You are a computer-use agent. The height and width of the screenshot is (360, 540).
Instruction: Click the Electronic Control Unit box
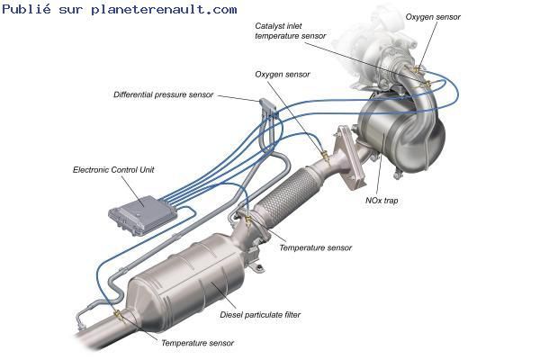point(142,214)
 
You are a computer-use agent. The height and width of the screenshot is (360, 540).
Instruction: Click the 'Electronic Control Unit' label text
point(113,170)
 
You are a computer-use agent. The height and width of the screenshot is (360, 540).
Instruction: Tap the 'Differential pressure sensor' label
point(163,94)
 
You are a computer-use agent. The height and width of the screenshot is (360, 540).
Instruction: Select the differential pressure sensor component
point(267,107)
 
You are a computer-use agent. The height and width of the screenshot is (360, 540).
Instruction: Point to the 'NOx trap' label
point(382,201)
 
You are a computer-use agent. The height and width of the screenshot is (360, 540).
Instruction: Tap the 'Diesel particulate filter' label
point(260,314)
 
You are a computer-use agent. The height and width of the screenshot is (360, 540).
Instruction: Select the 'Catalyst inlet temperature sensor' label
point(291,31)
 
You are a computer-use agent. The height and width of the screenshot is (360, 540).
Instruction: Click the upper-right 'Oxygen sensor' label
point(433,17)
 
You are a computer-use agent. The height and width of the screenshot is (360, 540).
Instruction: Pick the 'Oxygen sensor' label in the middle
point(283,75)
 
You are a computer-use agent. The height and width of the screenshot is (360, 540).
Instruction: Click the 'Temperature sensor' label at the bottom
point(197,343)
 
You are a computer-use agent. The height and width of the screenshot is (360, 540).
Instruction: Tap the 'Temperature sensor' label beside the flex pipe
point(316,248)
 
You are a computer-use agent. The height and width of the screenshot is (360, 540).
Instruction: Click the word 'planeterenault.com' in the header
point(164,10)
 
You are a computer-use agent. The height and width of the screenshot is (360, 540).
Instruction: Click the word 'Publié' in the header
point(26,9)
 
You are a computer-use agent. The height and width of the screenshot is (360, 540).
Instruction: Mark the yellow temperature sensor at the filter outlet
point(118,314)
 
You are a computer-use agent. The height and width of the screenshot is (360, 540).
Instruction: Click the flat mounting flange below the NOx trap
point(350,158)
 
